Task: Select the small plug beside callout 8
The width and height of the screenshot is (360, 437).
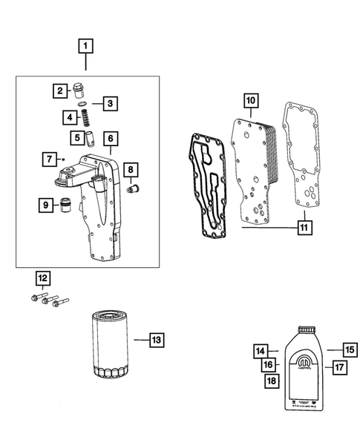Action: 134,189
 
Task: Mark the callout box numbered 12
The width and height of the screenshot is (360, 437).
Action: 43,279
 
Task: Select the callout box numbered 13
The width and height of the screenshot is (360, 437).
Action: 156,340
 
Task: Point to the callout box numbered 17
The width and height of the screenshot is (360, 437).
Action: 340,366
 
